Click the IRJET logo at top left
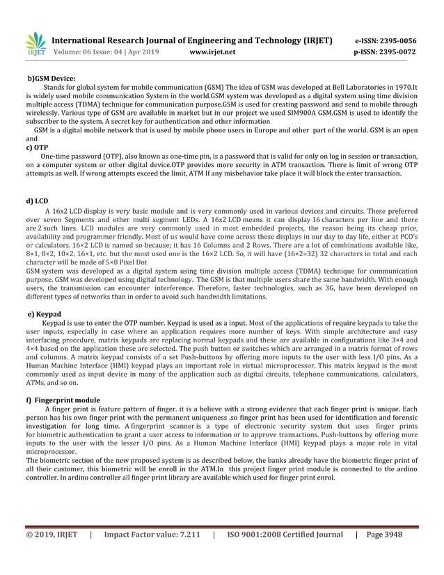coord(35,45)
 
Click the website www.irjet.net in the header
coord(212,52)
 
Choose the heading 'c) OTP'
coord(36,148)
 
